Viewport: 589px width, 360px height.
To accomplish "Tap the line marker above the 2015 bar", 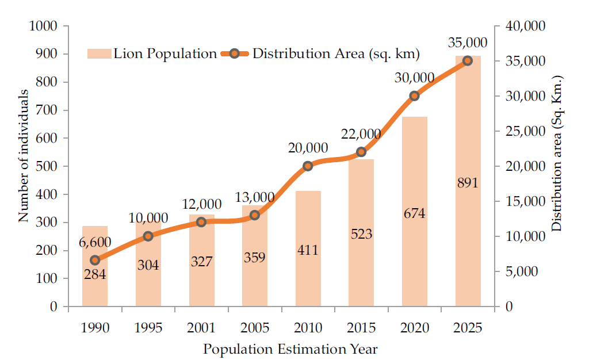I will [361, 152].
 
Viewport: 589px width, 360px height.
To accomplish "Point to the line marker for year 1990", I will [95, 260].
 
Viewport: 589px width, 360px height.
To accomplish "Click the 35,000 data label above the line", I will [467, 43].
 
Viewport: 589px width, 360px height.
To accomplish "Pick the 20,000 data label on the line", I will [308, 148].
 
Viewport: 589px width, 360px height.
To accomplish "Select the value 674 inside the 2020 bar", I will [414, 214].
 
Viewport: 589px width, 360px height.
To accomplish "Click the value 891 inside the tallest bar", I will [467, 183].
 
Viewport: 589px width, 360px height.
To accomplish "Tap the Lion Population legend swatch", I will [98, 54].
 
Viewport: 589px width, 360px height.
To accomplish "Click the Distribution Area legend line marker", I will [234, 54].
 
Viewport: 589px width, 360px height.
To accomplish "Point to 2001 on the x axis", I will [201, 328].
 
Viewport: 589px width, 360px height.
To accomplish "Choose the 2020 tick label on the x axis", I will [414, 328].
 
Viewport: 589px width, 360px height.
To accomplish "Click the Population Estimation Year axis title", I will [290, 349].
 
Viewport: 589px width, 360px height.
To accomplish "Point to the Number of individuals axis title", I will [24, 156].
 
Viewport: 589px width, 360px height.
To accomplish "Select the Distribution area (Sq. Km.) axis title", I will [556, 154].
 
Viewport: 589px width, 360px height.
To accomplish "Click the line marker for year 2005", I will [255, 215].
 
